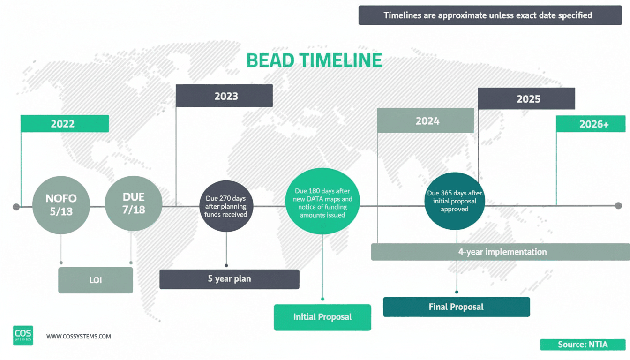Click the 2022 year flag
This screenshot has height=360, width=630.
pos(65,124)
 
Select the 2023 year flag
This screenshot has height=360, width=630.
pos(224,96)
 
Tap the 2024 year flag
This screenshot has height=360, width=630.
pos(425,121)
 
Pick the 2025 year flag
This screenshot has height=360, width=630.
pos(526,99)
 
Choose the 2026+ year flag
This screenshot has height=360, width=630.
pos(591,124)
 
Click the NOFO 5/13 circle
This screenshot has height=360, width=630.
pos(61,205)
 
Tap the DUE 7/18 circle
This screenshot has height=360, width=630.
pos(134,203)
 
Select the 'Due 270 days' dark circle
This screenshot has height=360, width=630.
pos(225,207)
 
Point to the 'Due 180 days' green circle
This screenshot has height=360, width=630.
pos(322,202)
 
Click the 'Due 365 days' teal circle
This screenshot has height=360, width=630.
pos(454,202)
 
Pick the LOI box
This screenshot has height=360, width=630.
pos(96,280)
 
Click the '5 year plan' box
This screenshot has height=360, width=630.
pos(229,279)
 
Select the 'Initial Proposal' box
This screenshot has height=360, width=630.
pos(322,317)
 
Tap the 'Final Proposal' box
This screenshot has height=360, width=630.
pos(456,307)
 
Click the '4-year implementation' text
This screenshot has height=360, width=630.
pos(502,252)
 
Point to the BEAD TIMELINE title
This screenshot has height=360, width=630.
pos(314,61)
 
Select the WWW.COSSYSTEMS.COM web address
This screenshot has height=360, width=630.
pos(79,336)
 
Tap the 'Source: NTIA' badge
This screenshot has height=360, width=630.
pos(583,345)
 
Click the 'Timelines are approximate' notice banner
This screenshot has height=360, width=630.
pos(487,15)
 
